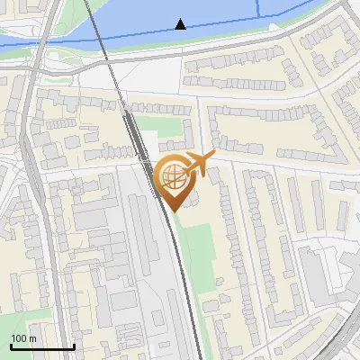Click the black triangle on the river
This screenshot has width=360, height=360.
coord(182,23)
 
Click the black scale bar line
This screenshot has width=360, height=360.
coord(42,347)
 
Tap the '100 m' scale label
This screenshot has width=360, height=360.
coord(24,338)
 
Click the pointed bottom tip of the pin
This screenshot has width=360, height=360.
coord(172,211)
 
